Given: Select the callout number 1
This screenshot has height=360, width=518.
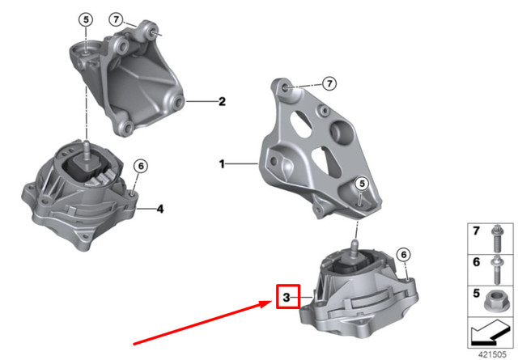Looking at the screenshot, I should [221, 164].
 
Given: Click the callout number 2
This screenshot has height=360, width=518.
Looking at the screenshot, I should [221, 102].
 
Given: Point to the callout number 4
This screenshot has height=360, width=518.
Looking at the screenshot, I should [160, 209].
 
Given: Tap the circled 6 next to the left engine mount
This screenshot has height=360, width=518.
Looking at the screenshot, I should [140, 167].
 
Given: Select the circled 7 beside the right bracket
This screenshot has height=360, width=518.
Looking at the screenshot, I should [329, 83].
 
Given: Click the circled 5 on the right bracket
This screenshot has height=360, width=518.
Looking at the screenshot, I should [361, 184].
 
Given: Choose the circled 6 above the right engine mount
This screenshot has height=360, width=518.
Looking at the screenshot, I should [403, 256].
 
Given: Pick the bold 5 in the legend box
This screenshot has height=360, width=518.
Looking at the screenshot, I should [476, 295].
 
